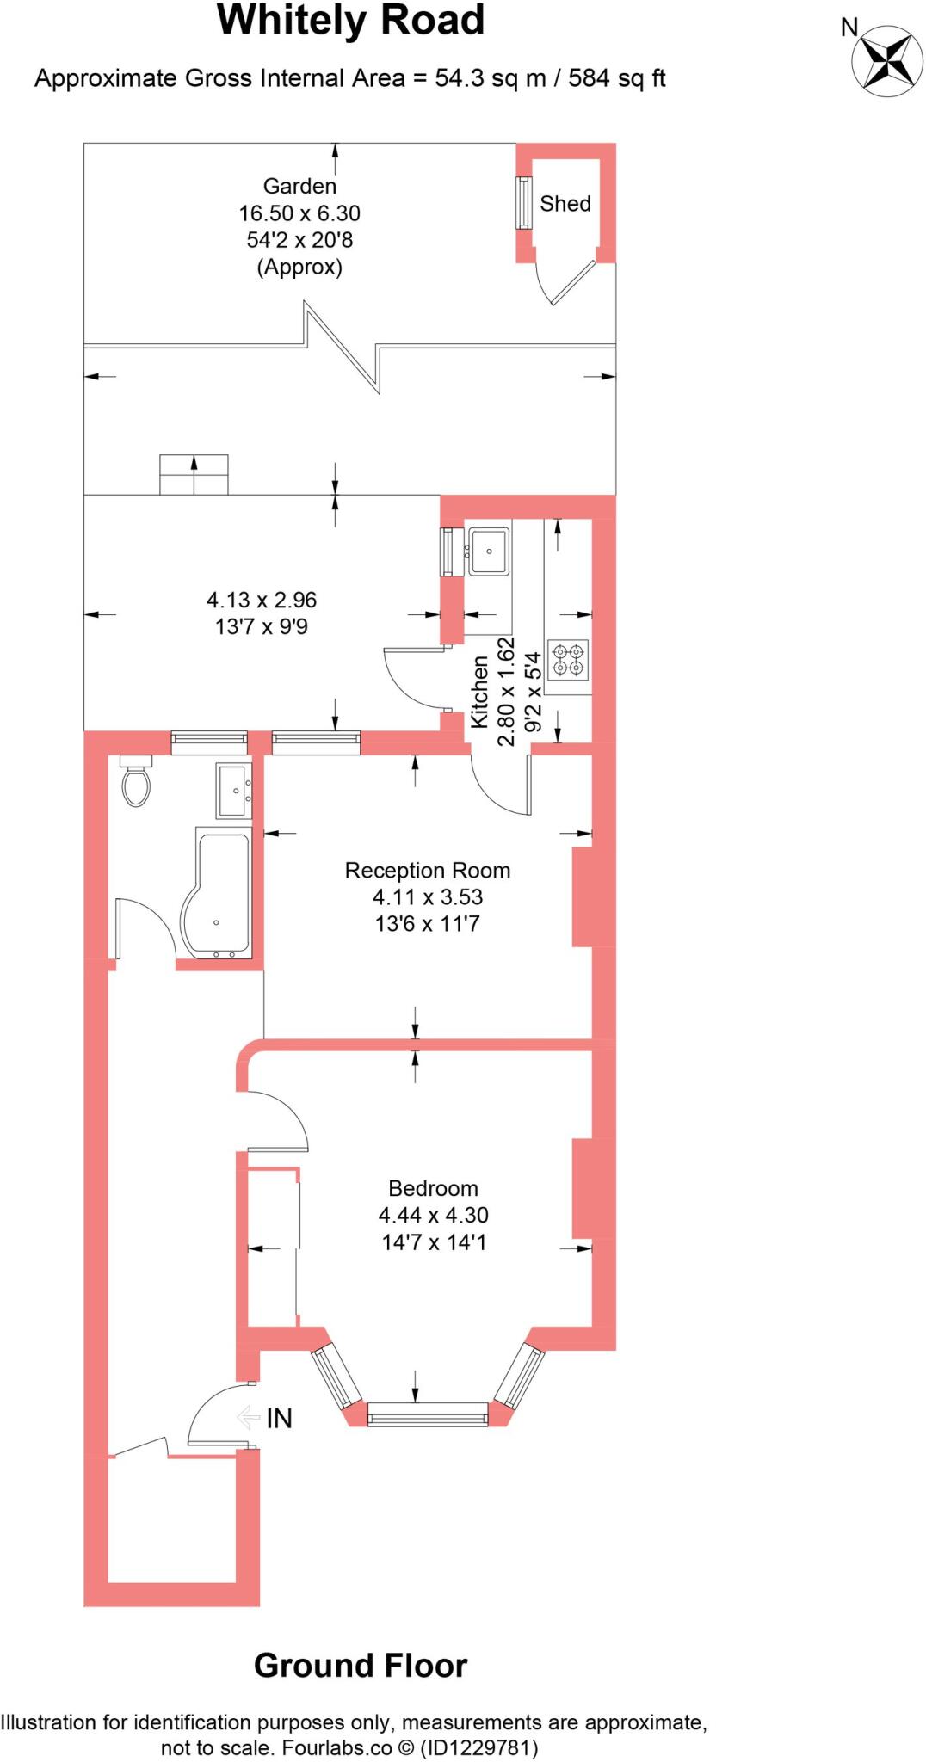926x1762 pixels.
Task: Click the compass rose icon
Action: [x=886, y=59]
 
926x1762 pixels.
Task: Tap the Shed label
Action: [x=565, y=204]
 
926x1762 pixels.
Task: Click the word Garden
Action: [x=299, y=186]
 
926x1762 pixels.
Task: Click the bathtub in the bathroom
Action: [x=216, y=896]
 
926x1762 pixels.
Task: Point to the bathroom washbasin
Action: [x=234, y=790]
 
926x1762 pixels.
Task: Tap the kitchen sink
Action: [x=489, y=551]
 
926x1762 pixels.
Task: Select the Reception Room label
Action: [x=428, y=871]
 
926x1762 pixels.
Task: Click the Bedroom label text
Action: [x=433, y=1189]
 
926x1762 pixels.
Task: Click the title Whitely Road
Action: [x=350, y=21]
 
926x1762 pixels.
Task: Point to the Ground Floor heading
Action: [x=360, y=1666]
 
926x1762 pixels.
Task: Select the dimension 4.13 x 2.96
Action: [x=262, y=600]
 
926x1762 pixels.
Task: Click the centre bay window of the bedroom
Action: [x=428, y=1414]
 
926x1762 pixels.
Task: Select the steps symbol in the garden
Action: [x=194, y=474]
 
